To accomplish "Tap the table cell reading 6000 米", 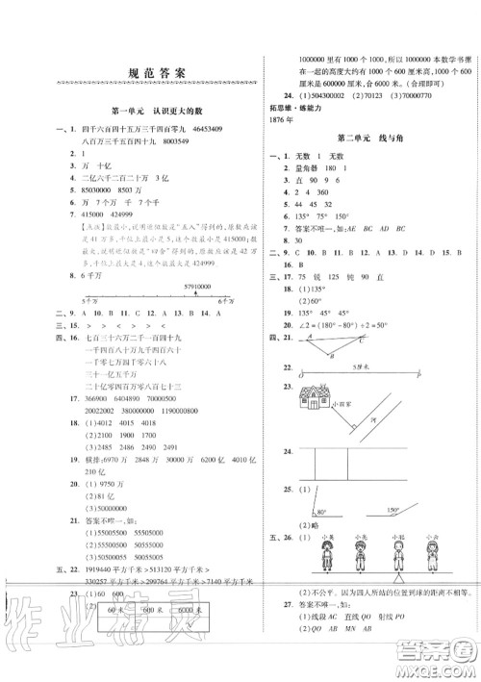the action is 192,610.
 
